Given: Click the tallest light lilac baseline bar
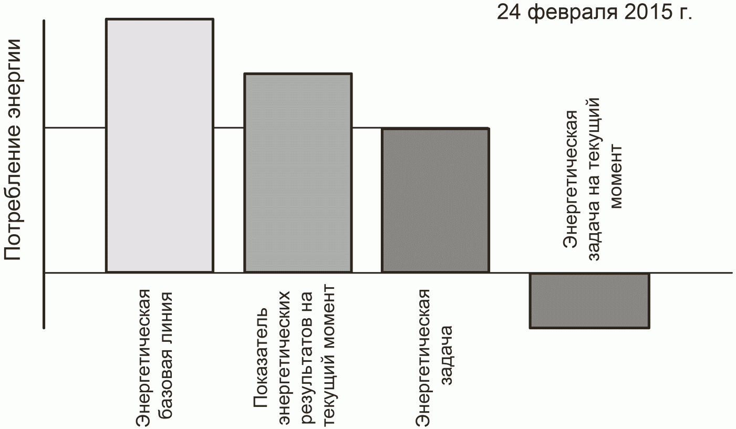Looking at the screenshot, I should pos(159,145).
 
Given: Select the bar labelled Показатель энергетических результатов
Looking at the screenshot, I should pos(297,173).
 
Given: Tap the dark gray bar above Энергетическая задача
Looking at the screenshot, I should pos(435,200).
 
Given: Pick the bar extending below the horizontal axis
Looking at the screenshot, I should pos(589,300).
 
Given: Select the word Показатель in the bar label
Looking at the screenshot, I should pos(261,363).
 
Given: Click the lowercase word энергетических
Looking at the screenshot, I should pos(284,357).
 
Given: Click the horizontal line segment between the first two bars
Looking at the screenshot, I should pos(228,128).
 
